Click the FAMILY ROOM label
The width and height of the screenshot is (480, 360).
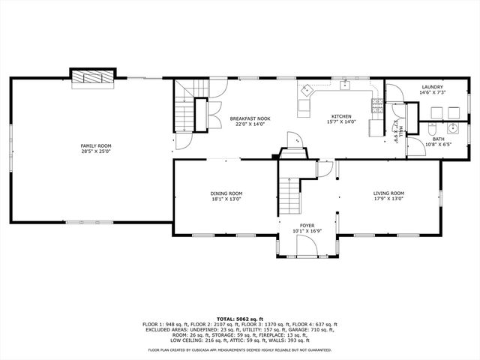pos(96,145)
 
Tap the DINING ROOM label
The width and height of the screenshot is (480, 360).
pos(226,193)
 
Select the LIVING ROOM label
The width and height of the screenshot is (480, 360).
pos(388,193)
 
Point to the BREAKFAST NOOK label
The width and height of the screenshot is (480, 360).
pos(250,118)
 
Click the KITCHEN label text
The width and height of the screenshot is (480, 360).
pos(342,116)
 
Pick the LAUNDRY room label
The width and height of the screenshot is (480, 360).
pos(431,87)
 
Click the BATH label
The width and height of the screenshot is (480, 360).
pos(438,139)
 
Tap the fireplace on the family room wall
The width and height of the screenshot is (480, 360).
pos(94,77)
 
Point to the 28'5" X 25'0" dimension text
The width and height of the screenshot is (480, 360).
pos(96,151)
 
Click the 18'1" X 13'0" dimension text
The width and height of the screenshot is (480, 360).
pos(226,199)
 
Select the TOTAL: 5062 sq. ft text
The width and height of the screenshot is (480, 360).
pos(239,319)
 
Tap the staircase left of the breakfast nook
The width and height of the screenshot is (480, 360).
pos(185,114)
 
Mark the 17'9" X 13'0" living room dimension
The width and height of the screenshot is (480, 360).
pos(388,199)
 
